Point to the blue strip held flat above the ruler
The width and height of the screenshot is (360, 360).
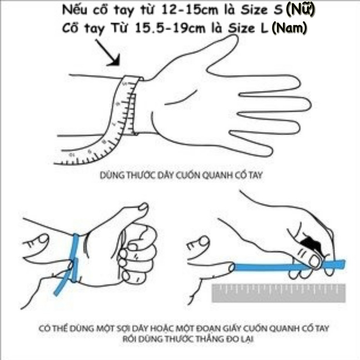tap(271, 266)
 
